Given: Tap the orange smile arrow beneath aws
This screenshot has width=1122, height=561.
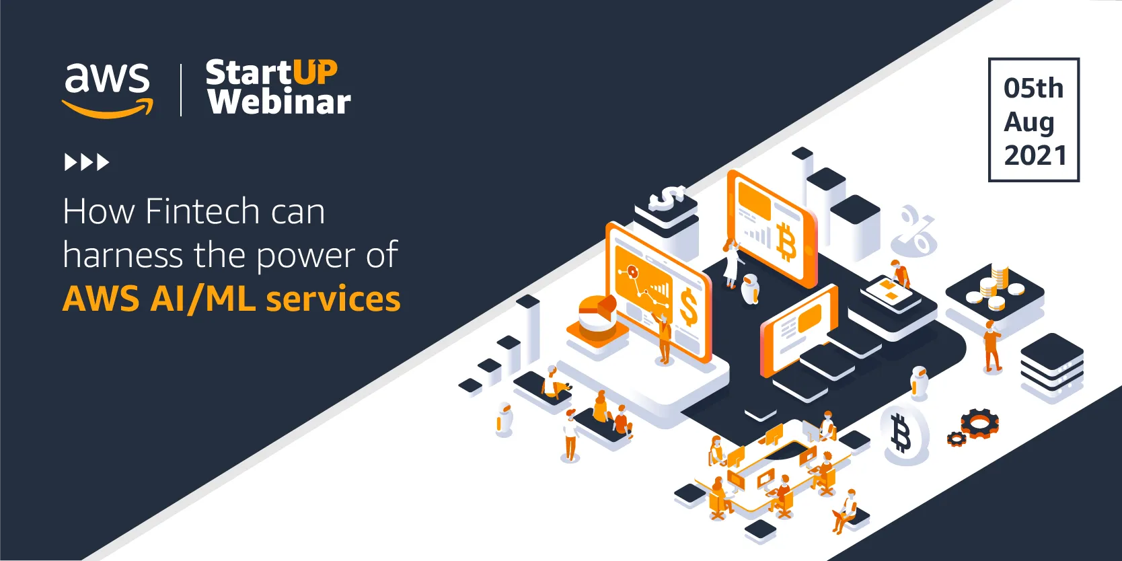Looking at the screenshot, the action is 108,108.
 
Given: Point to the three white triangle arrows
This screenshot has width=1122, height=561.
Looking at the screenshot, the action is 87,162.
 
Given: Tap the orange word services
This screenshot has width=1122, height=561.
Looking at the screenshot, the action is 333,299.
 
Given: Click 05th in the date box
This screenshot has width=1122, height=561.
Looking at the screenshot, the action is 1033,88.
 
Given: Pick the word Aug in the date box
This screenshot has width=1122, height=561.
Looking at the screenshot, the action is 1028,122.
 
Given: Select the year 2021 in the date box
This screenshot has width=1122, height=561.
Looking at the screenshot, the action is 1035,155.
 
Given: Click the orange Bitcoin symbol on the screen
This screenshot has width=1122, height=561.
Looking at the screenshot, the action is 786,243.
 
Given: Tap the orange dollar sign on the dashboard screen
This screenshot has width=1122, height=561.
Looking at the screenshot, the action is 688,307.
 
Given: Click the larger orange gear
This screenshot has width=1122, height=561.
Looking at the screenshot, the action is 980,423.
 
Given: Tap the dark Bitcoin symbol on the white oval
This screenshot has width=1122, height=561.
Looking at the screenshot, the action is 901,434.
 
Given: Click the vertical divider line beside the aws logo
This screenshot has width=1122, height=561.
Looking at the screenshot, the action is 181,90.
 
